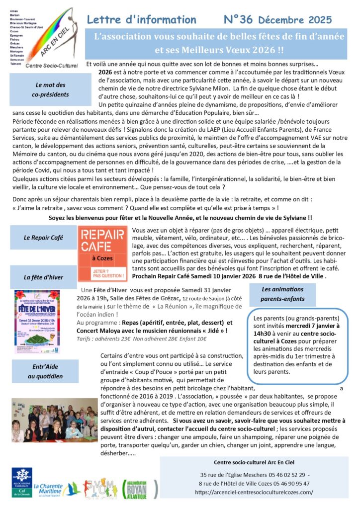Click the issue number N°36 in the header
[238, 19]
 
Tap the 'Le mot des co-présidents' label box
[50, 89]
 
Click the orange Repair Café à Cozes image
[102, 254]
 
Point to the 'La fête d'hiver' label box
[43, 277]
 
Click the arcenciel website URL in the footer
[254, 492]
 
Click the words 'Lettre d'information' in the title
[141, 20]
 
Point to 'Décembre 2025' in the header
[294, 20]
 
